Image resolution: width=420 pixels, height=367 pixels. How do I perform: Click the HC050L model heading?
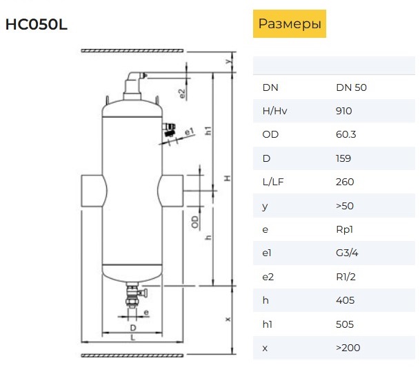[x=37, y=25]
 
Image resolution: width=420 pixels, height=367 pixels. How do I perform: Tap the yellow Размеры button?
[x=290, y=24]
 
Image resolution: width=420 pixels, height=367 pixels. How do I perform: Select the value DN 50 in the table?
[x=351, y=87]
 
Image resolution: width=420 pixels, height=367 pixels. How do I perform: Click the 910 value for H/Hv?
[x=343, y=111]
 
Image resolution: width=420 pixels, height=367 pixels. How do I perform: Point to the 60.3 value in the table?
[x=346, y=134]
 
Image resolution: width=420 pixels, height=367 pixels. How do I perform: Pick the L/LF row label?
[x=273, y=182]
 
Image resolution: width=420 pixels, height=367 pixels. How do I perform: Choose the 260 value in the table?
[x=345, y=182]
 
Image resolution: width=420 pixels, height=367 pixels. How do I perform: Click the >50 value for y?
[x=345, y=206]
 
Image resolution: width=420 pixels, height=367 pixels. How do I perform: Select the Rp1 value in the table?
[x=344, y=229]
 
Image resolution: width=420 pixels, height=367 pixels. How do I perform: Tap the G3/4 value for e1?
[x=347, y=253]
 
